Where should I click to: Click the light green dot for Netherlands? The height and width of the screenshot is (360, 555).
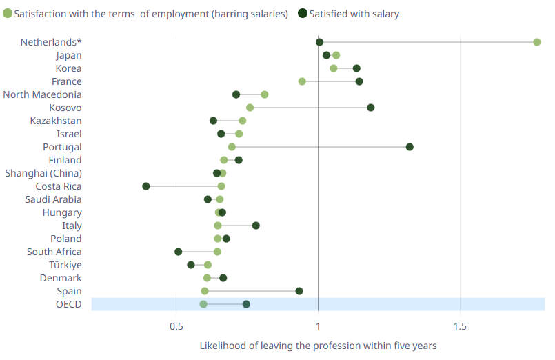click(x=537, y=42)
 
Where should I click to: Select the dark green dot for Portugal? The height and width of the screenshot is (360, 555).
click(x=410, y=147)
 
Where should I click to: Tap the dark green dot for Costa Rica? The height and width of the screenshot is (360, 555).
click(x=146, y=186)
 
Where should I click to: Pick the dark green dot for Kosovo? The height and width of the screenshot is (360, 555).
click(x=371, y=108)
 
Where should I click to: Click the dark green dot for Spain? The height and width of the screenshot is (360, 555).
click(x=299, y=291)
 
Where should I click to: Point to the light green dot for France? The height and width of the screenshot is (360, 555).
click(x=302, y=81)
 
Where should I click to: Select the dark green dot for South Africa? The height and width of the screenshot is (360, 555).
click(x=179, y=252)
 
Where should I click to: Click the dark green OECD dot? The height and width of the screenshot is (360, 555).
click(x=246, y=304)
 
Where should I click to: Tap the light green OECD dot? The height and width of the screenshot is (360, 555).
click(x=203, y=304)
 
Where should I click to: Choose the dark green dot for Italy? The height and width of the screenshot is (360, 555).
click(x=256, y=226)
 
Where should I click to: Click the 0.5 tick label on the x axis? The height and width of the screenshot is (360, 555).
click(x=176, y=325)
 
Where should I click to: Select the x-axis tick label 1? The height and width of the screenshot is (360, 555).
click(x=318, y=325)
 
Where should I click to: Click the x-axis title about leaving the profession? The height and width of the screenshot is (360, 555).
click(x=318, y=345)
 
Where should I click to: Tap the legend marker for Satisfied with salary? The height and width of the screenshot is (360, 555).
click(x=303, y=13)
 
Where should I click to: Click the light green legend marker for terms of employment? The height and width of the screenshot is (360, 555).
click(x=8, y=13)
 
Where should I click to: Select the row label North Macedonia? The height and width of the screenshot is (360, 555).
click(x=42, y=94)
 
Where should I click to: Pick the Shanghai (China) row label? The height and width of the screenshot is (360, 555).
click(x=43, y=173)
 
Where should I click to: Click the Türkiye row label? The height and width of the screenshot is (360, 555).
click(x=65, y=265)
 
